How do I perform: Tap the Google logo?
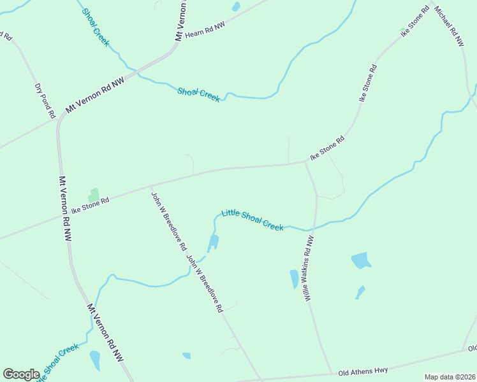(21, 374)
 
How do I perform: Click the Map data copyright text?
(449, 377)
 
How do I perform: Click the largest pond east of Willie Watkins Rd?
(361, 260)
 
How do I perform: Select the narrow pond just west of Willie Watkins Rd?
(294, 279)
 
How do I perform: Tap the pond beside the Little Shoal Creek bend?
(214, 243)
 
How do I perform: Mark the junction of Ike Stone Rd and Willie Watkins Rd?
(305, 162)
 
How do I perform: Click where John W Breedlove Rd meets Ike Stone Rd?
(150, 187)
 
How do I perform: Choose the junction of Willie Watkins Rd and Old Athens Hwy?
(332, 373)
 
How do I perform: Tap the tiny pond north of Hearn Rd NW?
(236, 7)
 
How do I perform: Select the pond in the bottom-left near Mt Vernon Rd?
(95, 360)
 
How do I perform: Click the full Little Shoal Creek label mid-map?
(253, 220)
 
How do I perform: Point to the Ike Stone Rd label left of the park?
(91, 204)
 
